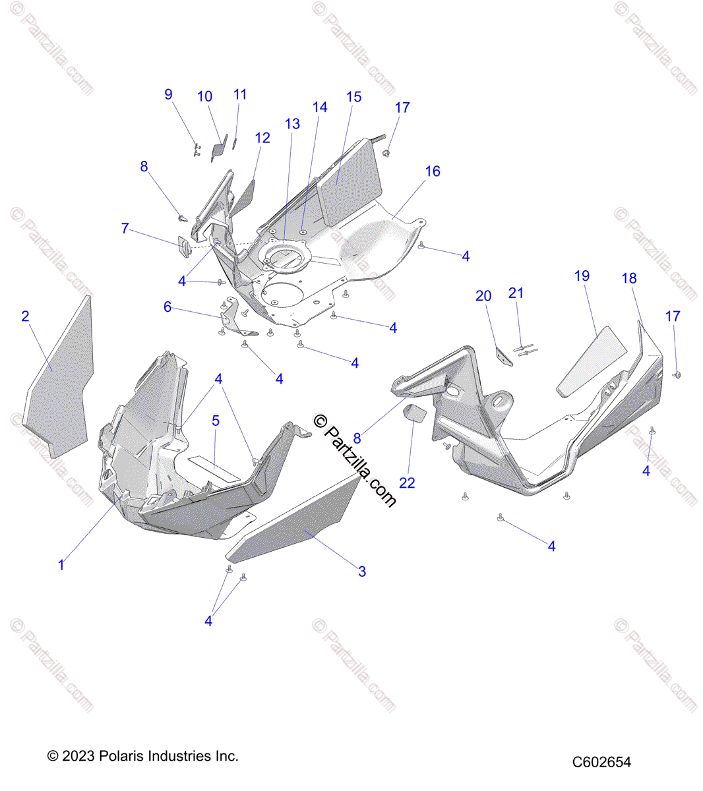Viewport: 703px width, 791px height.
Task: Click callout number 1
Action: pyautogui.click(x=61, y=565)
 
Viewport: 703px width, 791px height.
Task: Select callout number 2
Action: pyautogui.click(x=25, y=316)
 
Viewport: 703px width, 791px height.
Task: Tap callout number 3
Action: pyautogui.click(x=362, y=571)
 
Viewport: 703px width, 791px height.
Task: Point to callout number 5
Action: pyautogui.click(x=216, y=421)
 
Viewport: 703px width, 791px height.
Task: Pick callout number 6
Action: pyautogui.click(x=168, y=307)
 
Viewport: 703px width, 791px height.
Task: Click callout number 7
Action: pyautogui.click(x=125, y=229)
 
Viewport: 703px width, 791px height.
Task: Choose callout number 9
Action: pyautogui.click(x=168, y=94)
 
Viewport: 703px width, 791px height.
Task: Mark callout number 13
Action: pyautogui.click(x=292, y=124)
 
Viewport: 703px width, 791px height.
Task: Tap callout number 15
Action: pyautogui.click(x=354, y=97)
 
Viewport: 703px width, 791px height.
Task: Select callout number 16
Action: pyautogui.click(x=433, y=171)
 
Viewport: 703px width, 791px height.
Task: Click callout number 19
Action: pyautogui.click(x=582, y=276)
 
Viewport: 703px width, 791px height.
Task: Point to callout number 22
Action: pyautogui.click(x=408, y=483)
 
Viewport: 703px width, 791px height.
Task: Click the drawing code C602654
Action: pyautogui.click(x=601, y=762)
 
